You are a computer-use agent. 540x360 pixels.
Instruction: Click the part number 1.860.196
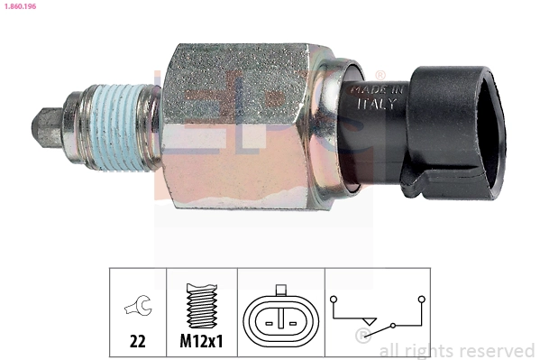[x=19, y=6]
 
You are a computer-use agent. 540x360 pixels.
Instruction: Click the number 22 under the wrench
[x=138, y=343]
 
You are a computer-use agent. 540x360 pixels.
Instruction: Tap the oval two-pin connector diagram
[x=281, y=320]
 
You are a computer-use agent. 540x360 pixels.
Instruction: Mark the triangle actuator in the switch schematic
[x=367, y=321]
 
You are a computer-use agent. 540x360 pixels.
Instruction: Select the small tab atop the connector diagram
[x=281, y=291]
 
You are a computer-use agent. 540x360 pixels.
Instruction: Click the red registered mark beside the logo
[x=380, y=75]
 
